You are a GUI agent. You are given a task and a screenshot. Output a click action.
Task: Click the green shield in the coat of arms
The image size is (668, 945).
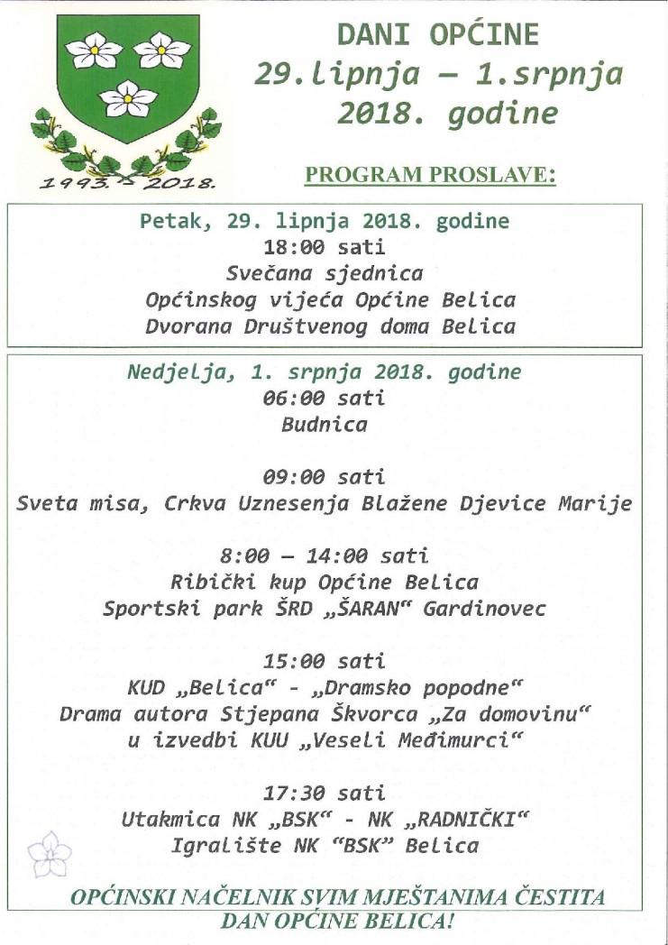click(127, 81)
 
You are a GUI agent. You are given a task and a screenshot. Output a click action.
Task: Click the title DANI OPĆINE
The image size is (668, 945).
click(438, 34)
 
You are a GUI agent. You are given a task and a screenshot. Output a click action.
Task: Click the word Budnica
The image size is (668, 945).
click(325, 425)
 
